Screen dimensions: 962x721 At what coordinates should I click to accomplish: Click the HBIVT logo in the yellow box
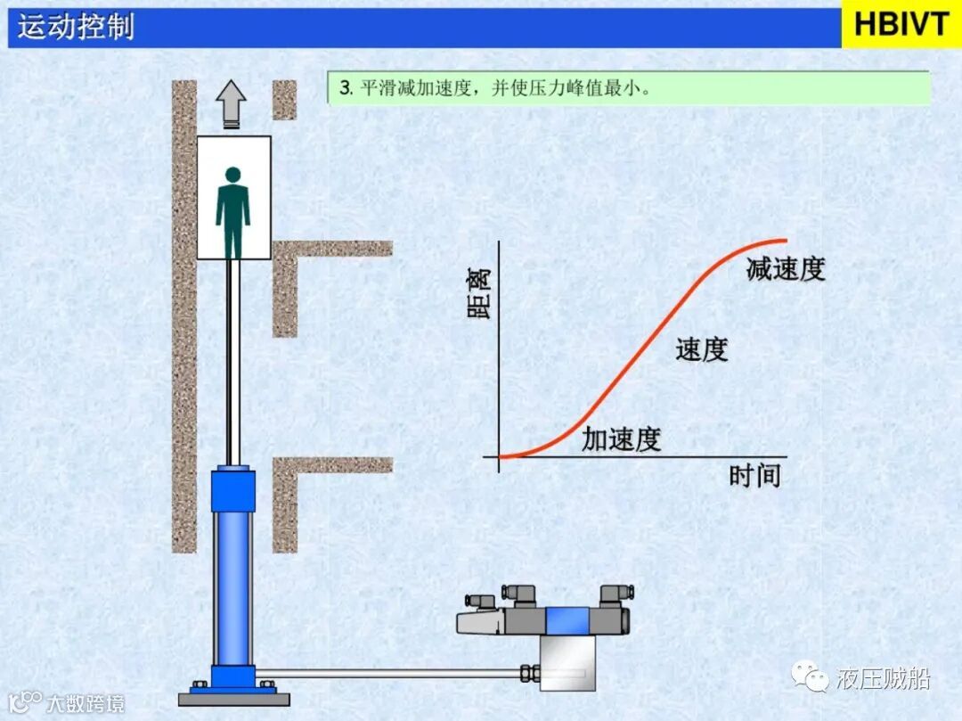pos(901,24)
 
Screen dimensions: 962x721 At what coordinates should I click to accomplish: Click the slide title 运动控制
pos(76,27)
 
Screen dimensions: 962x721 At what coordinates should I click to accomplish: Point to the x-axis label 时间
pos(754,475)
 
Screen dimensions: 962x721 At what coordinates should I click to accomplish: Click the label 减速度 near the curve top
pos(786,269)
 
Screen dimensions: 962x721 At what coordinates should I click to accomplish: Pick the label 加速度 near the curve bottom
pos(622,438)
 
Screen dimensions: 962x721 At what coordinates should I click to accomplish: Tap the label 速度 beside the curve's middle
pos(701,350)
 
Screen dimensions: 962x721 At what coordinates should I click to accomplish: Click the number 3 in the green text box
pos(344,89)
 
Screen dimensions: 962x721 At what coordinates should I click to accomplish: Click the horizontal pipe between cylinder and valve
pos(392,673)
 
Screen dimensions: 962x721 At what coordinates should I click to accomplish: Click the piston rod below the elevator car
pos(232,356)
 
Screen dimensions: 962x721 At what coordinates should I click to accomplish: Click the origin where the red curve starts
pos(501,456)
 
